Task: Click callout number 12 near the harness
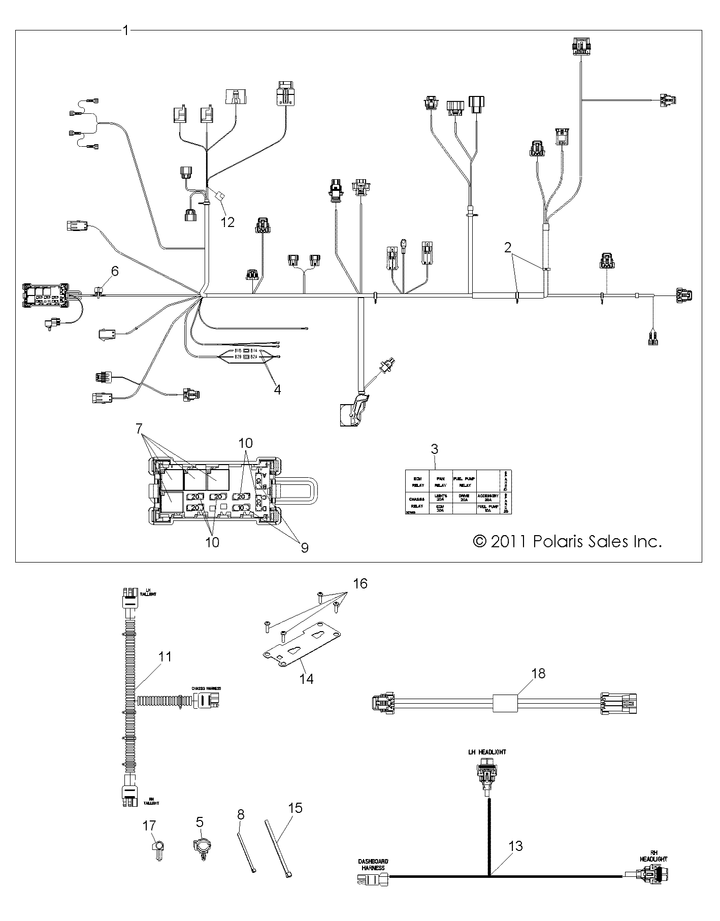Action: click(x=228, y=222)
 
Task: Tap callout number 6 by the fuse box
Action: click(x=115, y=271)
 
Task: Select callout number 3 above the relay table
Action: click(x=434, y=449)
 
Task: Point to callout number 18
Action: click(x=538, y=673)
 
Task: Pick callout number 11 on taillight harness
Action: click(x=165, y=656)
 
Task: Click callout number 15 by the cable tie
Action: click(x=296, y=808)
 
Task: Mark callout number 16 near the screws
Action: click(x=359, y=583)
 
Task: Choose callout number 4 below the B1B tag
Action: click(x=277, y=389)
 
